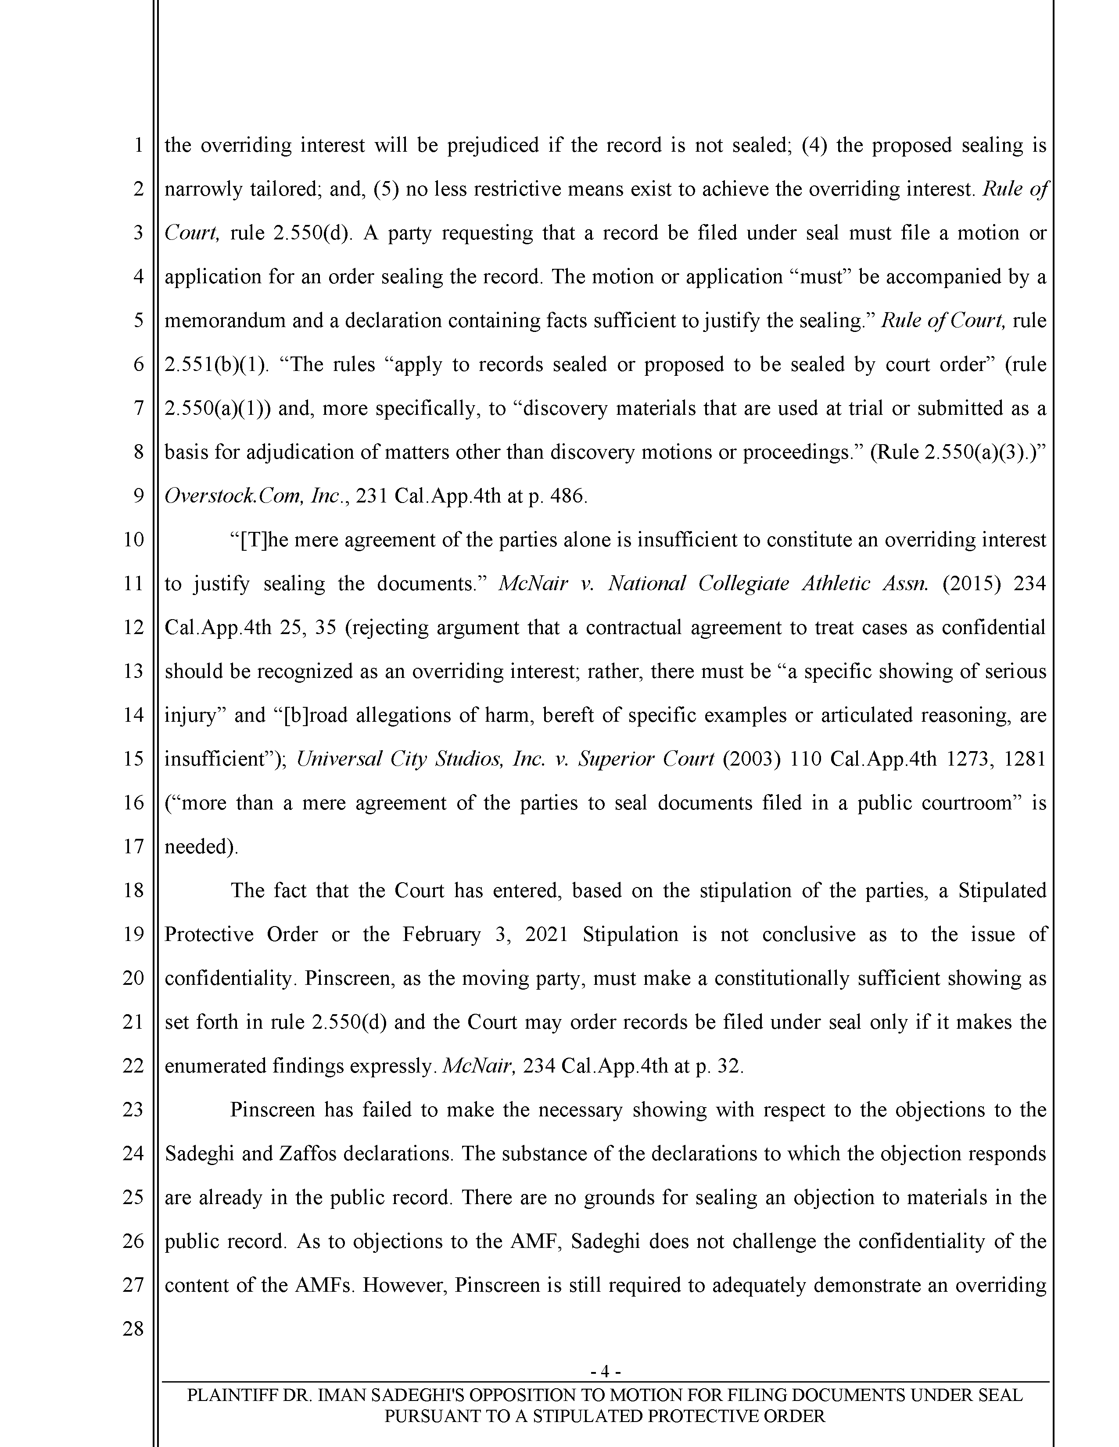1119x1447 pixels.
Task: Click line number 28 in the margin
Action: tap(133, 1329)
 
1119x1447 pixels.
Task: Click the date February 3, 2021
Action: tap(484, 934)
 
